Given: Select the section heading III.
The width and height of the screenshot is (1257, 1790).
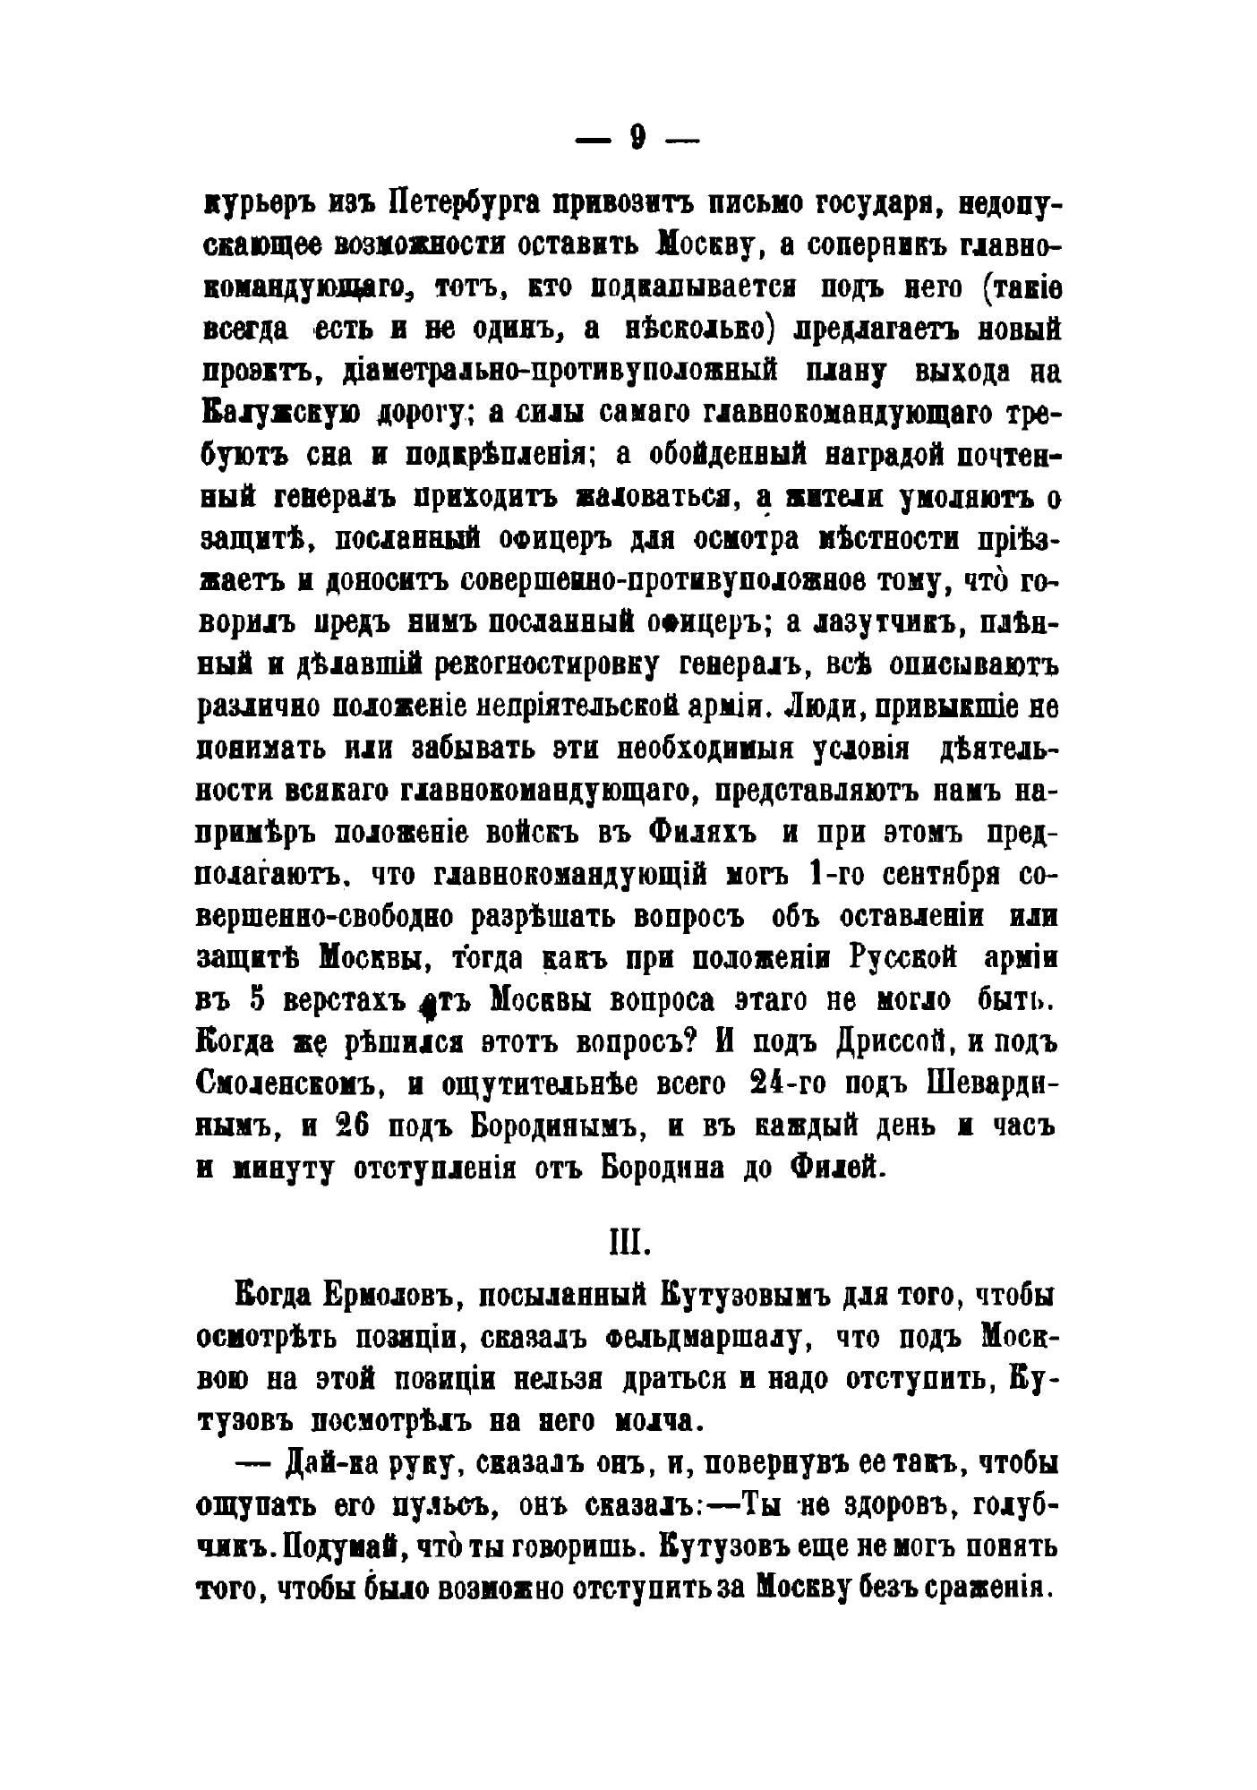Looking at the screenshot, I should tap(628, 1244).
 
